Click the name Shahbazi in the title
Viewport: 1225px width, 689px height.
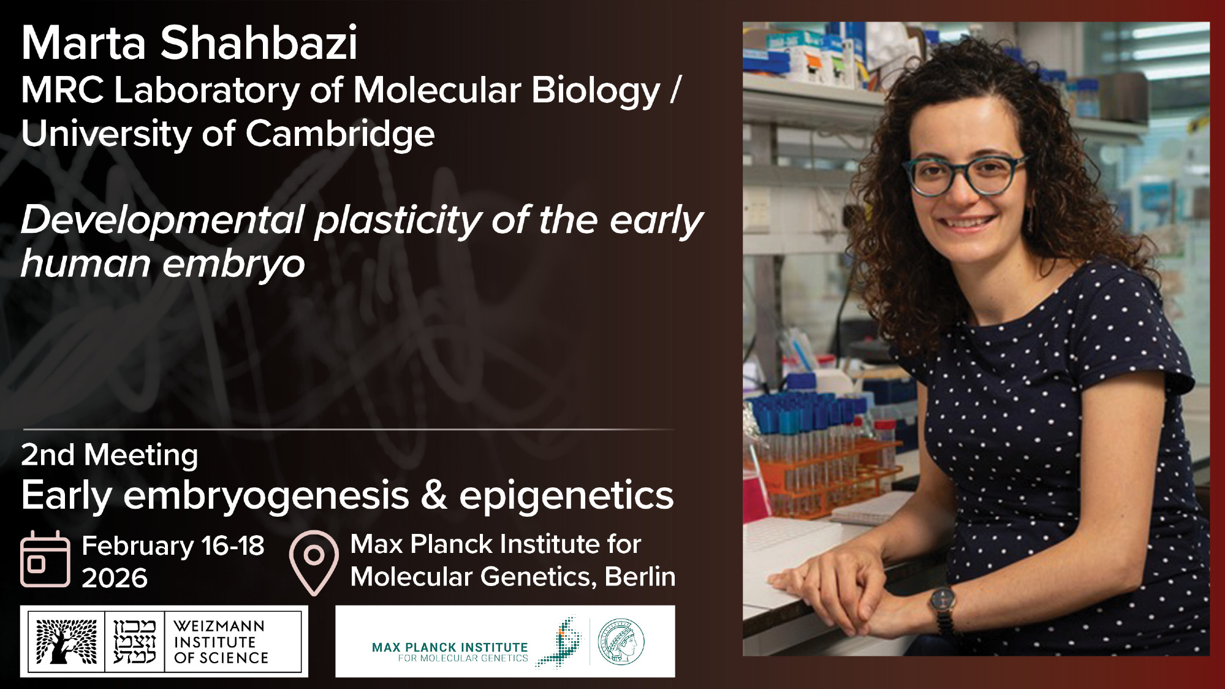(259, 43)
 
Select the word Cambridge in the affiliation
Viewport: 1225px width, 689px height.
(340, 134)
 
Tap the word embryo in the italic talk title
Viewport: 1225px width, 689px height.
(233, 265)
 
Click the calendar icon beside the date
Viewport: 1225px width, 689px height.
(45, 559)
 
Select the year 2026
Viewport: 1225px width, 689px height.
(115, 578)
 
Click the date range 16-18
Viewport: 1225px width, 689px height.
(232, 546)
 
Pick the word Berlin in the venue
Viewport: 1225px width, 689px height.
(640, 577)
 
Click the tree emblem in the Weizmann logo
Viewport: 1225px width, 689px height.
(66, 641)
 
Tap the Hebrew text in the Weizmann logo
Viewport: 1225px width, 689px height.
(135, 642)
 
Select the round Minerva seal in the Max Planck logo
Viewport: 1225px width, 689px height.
(621, 642)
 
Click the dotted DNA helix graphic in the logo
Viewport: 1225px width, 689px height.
(560, 642)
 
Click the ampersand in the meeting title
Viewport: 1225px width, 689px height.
(434, 495)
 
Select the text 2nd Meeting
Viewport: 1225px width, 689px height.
(110, 455)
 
